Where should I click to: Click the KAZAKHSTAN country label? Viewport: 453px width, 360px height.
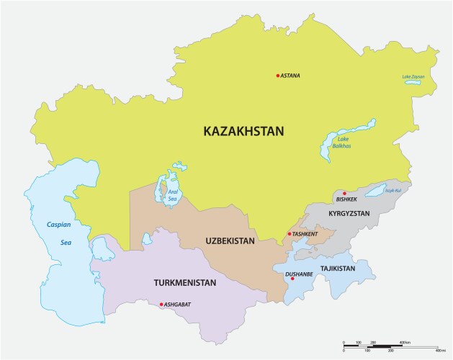coord(243,131)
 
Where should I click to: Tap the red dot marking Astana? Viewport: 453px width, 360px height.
coord(277,76)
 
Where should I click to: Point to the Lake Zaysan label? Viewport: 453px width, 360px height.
coord(414,77)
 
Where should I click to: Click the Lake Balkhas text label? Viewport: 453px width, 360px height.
coord(344,142)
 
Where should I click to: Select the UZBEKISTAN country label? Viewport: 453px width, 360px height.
coord(230,240)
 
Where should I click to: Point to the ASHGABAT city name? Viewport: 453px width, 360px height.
coord(177,305)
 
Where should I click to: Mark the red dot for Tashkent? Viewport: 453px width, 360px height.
coord(289,234)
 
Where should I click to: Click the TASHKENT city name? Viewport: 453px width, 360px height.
coord(305,234)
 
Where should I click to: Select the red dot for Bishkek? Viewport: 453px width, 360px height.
coord(344,193)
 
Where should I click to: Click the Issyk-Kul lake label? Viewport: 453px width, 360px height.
coord(392,191)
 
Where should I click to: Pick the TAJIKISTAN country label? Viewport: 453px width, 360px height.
coord(338,269)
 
